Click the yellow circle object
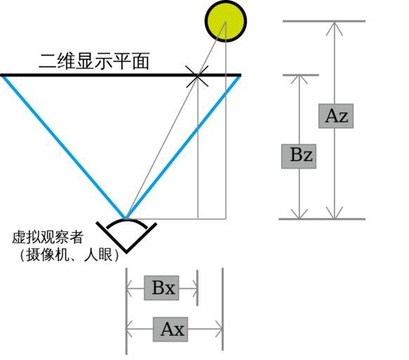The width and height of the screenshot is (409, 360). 226,21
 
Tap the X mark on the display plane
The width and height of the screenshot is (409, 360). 197,76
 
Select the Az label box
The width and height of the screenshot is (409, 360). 336,116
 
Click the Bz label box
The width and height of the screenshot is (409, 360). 299,156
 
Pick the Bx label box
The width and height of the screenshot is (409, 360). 162,288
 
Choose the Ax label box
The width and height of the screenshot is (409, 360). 170,329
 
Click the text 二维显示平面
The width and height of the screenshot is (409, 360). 94,61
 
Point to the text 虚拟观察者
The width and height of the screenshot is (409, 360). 48,237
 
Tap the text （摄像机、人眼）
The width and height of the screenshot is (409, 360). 69,255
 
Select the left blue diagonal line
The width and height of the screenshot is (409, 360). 64,147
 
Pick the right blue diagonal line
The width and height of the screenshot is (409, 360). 183,147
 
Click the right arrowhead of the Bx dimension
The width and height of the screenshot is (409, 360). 194,288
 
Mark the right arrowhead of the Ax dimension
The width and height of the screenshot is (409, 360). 219,329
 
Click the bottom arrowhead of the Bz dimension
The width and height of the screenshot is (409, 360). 299,214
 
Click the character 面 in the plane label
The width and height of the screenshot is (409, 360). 141,61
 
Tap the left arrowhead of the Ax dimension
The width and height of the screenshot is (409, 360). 129,329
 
